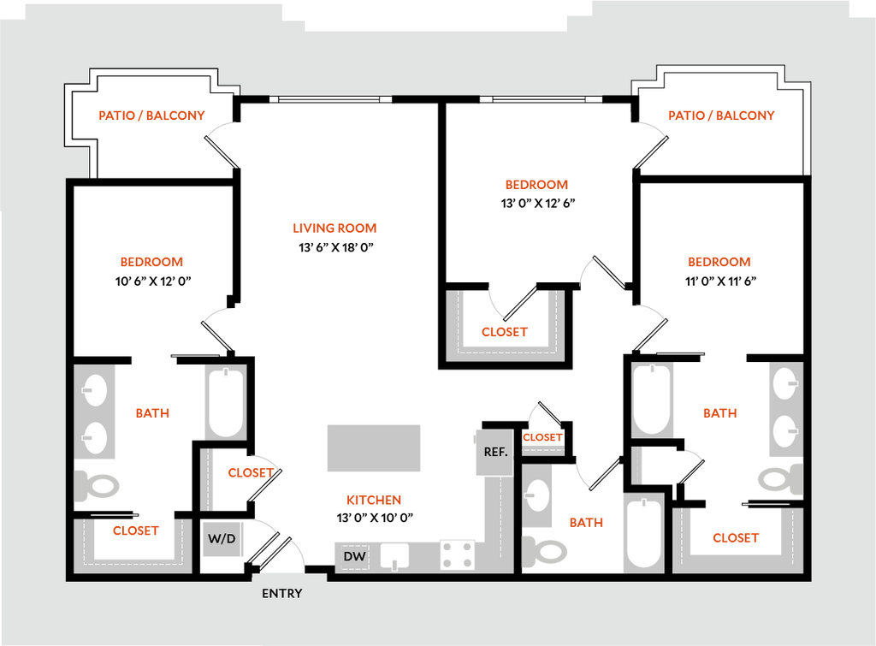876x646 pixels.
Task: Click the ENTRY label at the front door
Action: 281,593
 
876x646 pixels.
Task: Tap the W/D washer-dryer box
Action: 222,539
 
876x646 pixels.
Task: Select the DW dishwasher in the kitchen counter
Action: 354,556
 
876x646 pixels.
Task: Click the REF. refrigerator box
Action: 496,452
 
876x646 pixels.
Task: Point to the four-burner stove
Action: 458,554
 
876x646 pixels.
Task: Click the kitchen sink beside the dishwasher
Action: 394,556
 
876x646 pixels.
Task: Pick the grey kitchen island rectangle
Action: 373,447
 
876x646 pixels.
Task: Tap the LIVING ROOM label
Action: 335,228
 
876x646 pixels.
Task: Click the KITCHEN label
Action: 374,501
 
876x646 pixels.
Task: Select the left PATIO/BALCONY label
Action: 152,116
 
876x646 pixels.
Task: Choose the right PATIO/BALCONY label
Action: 722,116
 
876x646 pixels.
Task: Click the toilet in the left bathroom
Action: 97,487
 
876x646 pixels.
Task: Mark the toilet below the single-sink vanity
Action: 544,550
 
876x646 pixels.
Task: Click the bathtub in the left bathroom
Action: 225,402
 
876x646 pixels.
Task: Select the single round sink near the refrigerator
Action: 538,494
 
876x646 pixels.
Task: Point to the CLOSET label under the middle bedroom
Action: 504,333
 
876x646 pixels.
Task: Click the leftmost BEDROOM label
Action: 151,262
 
